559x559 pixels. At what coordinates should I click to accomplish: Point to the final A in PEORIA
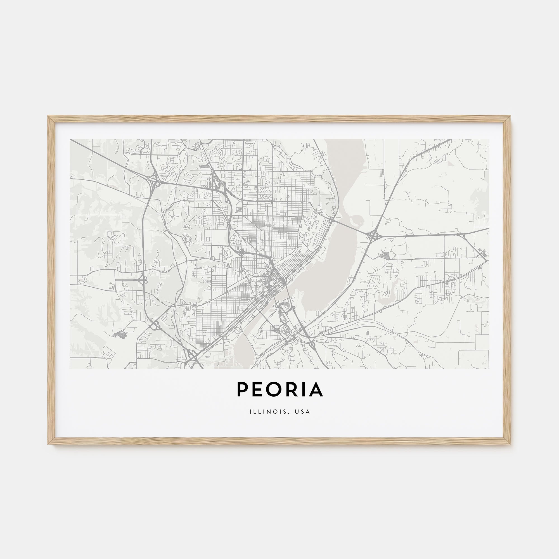coord(316,389)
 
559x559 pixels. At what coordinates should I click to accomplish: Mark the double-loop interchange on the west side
coord(143,279)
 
